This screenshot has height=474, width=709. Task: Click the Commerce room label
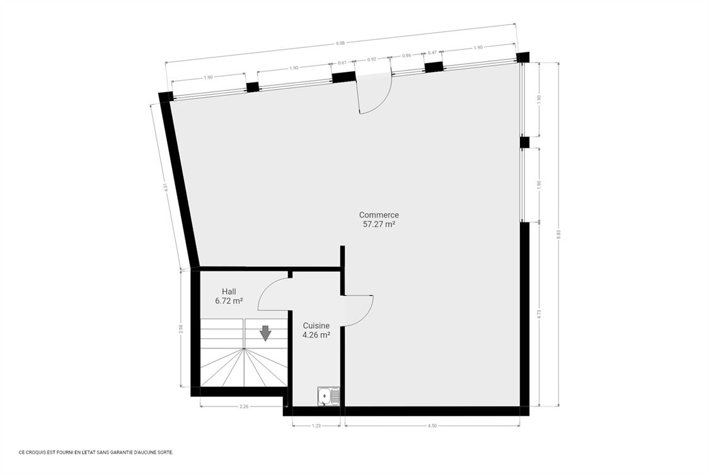point(379,215)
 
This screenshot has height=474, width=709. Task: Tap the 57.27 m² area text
point(379,224)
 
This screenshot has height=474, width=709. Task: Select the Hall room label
point(229,292)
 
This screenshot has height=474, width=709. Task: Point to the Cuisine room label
point(316,326)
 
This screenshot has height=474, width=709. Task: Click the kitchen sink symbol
point(329,396)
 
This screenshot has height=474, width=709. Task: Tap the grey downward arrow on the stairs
point(265,333)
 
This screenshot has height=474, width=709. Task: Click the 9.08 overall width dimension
point(340,44)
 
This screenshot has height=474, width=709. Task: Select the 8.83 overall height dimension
point(559,234)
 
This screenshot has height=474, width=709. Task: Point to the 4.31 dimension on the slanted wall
point(166,187)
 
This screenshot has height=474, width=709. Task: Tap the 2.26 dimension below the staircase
point(244,406)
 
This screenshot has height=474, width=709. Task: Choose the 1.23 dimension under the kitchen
point(316,425)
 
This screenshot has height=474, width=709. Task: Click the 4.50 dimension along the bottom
point(432,425)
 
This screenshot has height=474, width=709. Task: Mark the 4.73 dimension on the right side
point(539,314)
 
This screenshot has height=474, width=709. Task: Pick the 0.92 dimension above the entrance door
point(372,59)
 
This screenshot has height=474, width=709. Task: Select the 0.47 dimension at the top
point(432,52)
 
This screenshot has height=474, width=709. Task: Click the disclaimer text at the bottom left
point(96,452)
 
